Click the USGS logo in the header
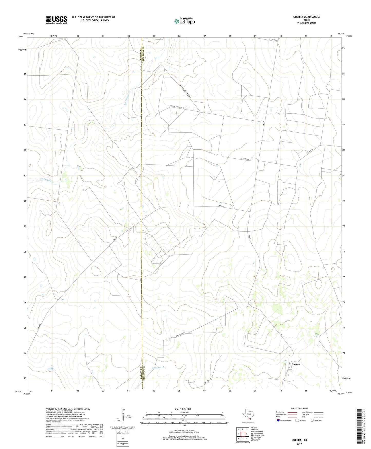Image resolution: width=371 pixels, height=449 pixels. pos(56,20)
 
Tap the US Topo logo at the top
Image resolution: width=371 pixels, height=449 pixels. pos(184,21)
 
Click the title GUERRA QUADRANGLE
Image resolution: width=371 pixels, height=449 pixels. pos(307,17)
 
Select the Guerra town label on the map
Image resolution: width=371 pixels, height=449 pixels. pos(295,364)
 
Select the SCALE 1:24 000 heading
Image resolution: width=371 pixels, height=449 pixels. pos(183,409)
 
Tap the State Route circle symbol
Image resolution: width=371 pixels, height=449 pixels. pos(312,420)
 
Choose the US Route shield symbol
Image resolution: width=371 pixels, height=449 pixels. pos(297,420)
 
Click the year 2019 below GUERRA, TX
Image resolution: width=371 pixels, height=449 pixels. pos(299,444)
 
